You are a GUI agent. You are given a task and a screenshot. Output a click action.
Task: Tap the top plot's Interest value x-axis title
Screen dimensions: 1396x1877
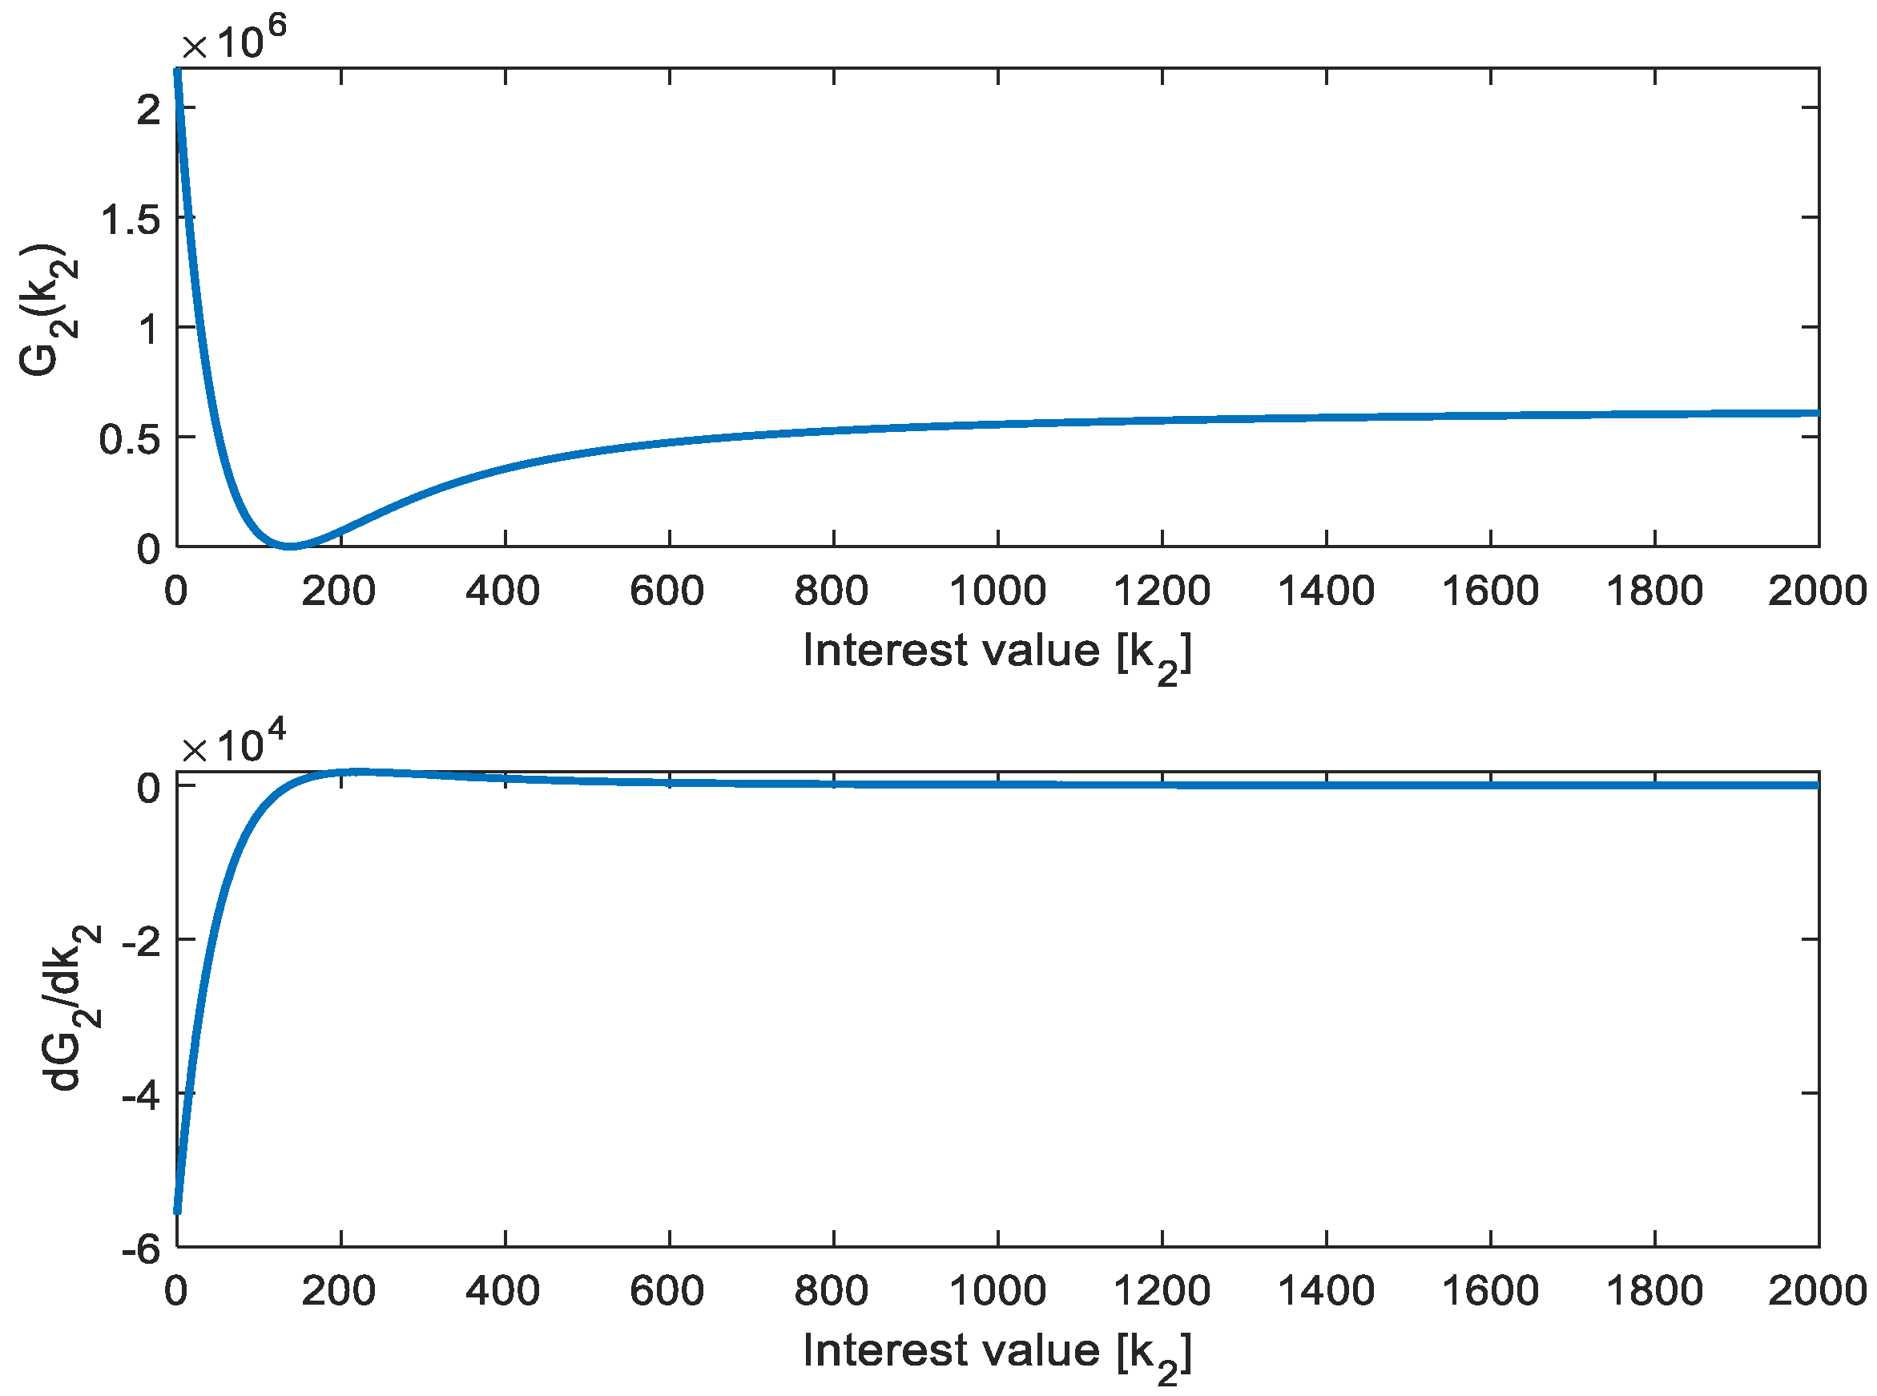(997, 653)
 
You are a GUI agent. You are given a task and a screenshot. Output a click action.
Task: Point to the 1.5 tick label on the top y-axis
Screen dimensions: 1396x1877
(130, 220)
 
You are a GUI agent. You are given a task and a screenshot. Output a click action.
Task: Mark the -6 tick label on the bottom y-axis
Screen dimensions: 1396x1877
(140, 1250)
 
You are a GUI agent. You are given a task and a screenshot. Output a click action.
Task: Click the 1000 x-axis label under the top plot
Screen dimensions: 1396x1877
(997, 591)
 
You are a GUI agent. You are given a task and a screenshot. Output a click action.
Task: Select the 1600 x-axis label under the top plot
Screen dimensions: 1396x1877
(1490, 591)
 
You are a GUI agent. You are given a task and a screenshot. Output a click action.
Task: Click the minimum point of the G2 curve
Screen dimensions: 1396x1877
(290, 546)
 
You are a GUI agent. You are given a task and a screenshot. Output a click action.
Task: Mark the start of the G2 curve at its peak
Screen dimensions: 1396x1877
(177, 71)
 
